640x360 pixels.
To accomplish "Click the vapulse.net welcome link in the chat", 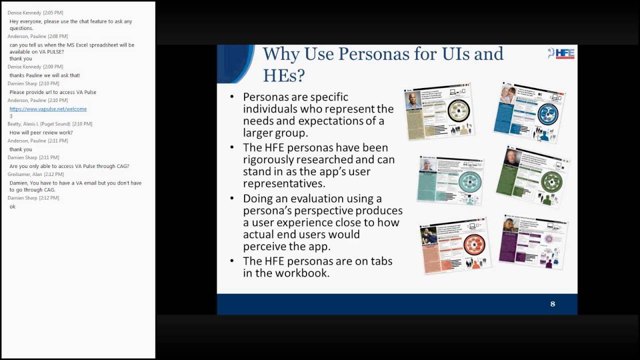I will pos(48,109).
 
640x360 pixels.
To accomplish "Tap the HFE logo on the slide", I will pos(561,54).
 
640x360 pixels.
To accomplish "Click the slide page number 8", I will pos(552,304).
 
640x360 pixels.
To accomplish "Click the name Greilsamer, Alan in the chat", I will pos(24,174).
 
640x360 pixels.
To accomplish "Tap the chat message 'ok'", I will pos(12,206).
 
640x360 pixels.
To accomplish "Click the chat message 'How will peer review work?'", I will pos(41,132).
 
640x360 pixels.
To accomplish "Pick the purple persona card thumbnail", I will pos(533,241).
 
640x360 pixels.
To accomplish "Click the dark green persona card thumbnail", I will pos(533,176).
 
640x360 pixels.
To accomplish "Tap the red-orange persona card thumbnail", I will pos(454,245).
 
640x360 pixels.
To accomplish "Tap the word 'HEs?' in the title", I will pos(283,75).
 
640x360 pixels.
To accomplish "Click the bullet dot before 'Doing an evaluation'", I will pos(232,198).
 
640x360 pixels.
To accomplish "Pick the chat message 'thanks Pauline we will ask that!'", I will pos(44,75).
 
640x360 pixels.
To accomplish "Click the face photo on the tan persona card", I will pos(413,101).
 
